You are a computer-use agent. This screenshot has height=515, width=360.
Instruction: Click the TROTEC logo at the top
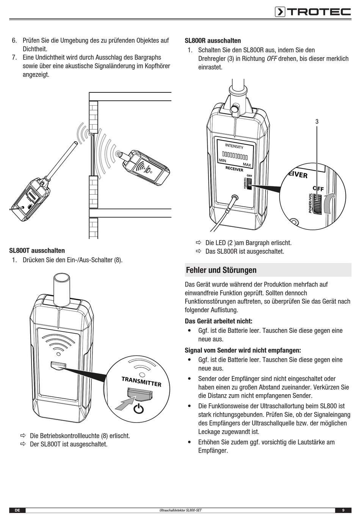click(x=313, y=12)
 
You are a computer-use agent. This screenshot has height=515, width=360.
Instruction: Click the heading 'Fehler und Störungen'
click(x=221, y=270)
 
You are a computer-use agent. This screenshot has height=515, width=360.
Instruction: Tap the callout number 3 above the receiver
click(x=317, y=122)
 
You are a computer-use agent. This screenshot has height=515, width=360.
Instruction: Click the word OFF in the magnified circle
click(x=318, y=188)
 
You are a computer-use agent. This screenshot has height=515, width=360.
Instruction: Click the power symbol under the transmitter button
click(x=139, y=409)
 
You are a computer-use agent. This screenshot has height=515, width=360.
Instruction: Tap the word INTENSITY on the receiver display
click(x=234, y=146)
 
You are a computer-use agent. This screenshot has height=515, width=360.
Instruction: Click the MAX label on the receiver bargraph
click(x=247, y=165)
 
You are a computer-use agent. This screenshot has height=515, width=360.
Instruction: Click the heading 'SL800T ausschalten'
click(x=37, y=250)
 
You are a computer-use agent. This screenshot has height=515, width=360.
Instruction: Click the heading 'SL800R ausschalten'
click(x=213, y=41)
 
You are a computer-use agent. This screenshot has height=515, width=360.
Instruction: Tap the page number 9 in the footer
click(x=343, y=510)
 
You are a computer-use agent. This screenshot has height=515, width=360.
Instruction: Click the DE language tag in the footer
click(x=17, y=510)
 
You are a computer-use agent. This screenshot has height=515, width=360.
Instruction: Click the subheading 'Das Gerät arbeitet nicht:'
click(x=218, y=321)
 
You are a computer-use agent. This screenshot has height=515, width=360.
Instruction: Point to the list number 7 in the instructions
click(x=14, y=58)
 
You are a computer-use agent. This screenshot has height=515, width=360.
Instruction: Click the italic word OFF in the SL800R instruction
click(x=272, y=59)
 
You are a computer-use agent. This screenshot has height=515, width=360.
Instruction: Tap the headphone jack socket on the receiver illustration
click(x=235, y=198)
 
